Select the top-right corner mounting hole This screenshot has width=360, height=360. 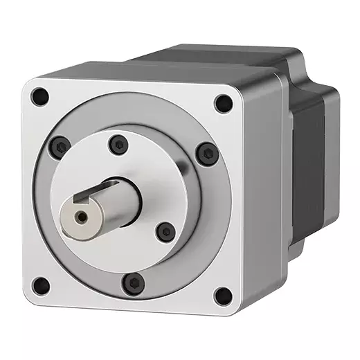coord(223,103)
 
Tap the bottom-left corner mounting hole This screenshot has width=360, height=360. coord(42,284)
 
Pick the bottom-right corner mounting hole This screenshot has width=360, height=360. coord(222,296)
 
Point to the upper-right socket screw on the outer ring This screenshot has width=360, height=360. coord(206,153)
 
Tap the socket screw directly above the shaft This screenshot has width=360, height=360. coord(119,144)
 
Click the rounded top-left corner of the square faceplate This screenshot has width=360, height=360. coord(29,87)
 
